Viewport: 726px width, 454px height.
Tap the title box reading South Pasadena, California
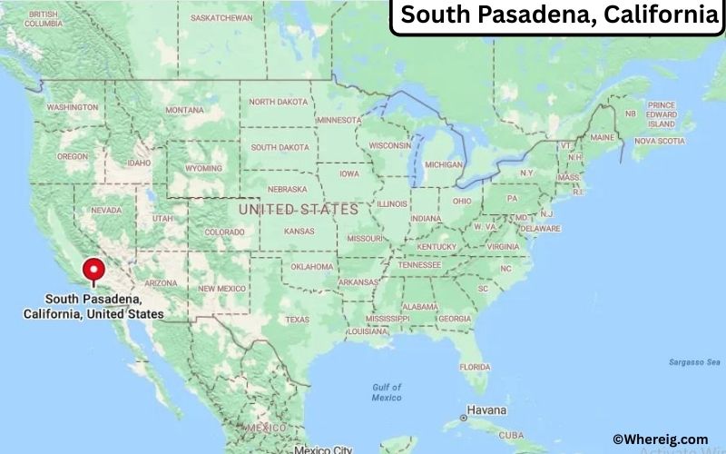(557, 16)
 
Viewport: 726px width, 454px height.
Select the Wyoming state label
(203, 168)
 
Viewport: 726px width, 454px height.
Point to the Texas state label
(297, 320)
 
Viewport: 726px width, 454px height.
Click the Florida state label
(474, 367)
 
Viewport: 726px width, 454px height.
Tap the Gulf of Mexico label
(387, 392)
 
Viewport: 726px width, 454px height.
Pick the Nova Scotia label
(659, 141)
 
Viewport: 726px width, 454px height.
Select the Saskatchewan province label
(222, 17)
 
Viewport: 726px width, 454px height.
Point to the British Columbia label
(43, 19)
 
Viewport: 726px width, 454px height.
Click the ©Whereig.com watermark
(660, 439)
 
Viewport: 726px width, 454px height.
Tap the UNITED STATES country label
(298, 209)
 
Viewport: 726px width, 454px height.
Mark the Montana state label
(184, 110)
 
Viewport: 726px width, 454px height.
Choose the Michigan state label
(444, 164)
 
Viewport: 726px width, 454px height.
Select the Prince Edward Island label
(662, 114)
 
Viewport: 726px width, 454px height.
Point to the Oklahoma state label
(312, 266)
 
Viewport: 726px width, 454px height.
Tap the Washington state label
(72, 107)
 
